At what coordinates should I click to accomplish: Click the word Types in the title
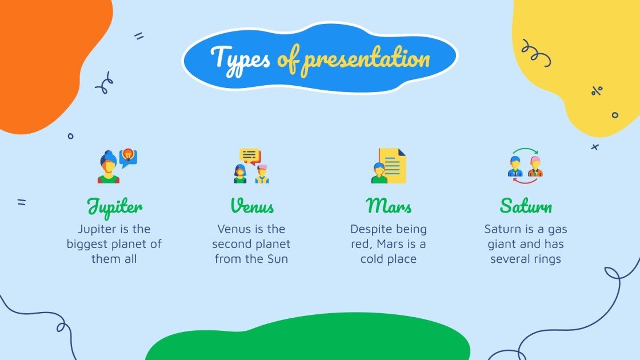tap(240, 58)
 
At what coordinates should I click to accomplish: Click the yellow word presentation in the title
tap(366, 59)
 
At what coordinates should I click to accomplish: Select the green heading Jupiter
tap(114, 206)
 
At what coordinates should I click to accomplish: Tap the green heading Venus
tap(252, 206)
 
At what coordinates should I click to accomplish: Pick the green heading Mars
tap(389, 206)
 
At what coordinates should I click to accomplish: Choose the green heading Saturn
tap(526, 206)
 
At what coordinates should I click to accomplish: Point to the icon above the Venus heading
tap(251, 166)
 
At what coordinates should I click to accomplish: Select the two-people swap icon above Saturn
tap(526, 166)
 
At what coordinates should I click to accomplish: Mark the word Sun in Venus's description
tap(277, 259)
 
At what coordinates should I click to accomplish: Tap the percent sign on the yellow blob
tap(597, 90)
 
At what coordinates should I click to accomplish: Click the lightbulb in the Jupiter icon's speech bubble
tap(129, 154)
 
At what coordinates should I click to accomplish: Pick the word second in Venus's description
tap(231, 244)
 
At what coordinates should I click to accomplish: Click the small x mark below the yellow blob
tap(595, 147)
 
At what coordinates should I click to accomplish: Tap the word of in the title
tap(287, 59)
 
